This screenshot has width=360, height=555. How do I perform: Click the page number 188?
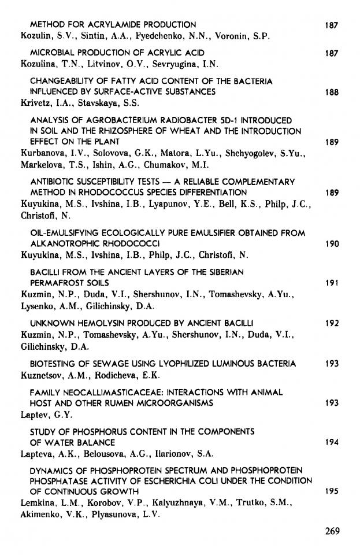point(331,92)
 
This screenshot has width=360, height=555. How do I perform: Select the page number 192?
point(331,323)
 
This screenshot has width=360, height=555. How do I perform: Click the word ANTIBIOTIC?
point(51,182)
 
